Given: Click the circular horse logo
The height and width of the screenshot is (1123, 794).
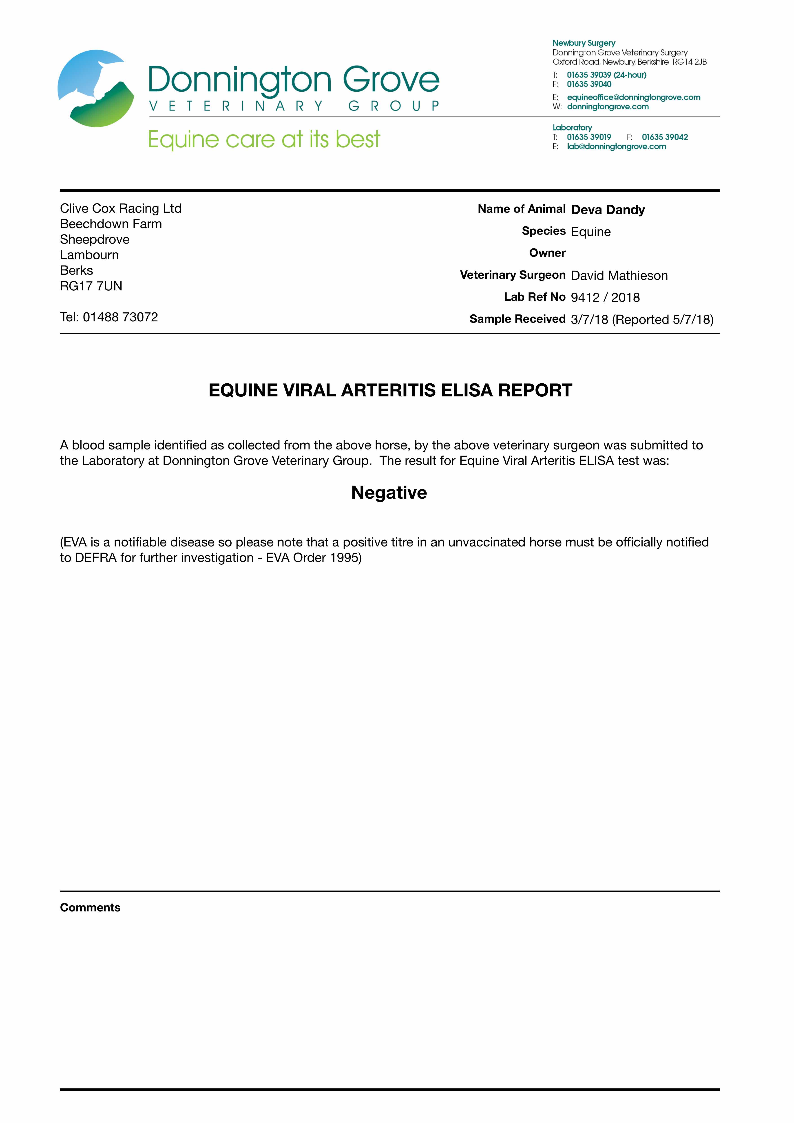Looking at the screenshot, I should (96, 88).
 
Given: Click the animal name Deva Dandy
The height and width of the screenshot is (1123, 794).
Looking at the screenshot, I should (608, 210).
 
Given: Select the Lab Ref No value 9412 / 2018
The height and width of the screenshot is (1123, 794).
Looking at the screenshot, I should (605, 297).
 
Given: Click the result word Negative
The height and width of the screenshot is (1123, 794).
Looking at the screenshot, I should (389, 493).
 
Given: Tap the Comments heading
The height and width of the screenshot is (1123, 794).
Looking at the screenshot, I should (90, 907).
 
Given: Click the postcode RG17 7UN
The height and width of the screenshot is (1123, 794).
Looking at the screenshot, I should (91, 286).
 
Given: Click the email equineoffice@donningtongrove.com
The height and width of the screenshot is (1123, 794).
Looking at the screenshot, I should (634, 97).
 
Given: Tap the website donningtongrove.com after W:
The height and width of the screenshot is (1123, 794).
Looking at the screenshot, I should (608, 107).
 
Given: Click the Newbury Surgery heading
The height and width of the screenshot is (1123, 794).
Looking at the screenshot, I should (584, 43).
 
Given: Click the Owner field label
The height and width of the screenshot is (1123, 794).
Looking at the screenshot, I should (547, 253).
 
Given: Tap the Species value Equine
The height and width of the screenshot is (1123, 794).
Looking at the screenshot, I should (591, 232).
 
